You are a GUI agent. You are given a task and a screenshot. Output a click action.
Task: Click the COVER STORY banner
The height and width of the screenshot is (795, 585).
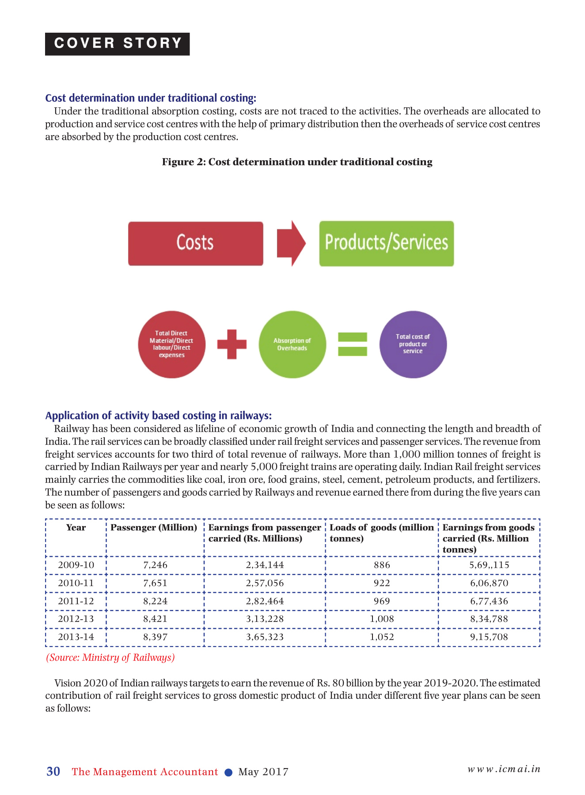[117, 44]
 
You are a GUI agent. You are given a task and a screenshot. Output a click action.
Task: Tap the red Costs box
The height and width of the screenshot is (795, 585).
[195, 243]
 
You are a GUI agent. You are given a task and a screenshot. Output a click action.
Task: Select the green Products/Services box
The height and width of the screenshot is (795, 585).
[386, 243]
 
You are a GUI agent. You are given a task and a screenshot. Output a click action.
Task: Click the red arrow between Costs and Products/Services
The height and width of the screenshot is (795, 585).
[291, 243]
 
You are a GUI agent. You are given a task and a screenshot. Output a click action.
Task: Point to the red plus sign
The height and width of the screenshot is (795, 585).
[232, 344]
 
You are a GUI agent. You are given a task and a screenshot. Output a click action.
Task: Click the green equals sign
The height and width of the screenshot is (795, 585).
[353, 344]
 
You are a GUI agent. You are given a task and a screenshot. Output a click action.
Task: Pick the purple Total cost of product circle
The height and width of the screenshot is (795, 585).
[413, 344]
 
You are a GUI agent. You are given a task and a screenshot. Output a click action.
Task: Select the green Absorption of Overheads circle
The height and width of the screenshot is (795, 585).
[292, 344]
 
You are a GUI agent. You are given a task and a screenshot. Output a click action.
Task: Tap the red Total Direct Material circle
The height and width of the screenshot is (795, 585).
[171, 344]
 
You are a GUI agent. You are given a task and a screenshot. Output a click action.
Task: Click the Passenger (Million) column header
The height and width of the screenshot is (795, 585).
[154, 528]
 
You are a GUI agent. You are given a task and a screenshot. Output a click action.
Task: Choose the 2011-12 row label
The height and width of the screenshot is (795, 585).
[76, 601]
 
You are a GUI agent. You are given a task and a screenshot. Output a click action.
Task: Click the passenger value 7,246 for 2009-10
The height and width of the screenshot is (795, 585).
[155, 565]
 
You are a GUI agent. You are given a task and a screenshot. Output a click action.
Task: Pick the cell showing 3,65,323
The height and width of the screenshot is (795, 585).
[265, 637]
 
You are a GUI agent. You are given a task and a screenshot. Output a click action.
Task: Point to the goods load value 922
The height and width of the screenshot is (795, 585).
[382, 583]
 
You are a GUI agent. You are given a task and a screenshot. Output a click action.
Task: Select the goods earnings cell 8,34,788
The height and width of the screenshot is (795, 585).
[489, 619]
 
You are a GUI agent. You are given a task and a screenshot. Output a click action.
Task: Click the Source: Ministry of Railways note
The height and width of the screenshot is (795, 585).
[110, 658]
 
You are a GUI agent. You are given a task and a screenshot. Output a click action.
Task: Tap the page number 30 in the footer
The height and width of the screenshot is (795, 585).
[53, 772]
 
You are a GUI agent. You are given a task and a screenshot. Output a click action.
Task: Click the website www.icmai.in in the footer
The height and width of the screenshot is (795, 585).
[504, 769]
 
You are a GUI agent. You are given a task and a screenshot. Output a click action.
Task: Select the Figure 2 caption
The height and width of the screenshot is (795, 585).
[297, 162]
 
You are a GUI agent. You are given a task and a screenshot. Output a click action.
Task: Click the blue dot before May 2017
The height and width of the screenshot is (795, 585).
[228, 772]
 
